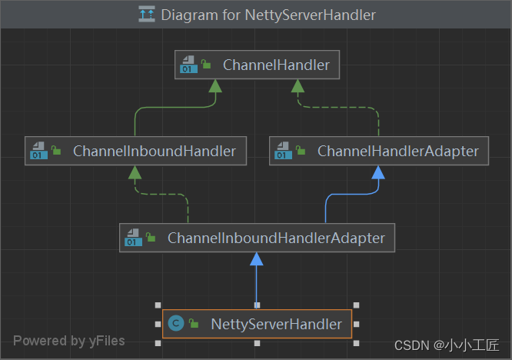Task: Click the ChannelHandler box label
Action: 275,65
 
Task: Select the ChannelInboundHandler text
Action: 154,152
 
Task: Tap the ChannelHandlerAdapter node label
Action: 397,152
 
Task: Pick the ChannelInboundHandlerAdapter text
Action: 276,238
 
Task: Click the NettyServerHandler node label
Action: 276,324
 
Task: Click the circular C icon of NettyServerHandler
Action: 175,324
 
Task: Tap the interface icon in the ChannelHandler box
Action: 188,65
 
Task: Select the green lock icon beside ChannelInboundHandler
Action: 56,152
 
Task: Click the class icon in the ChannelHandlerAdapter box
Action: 283,152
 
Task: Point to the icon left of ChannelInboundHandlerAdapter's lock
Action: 133,238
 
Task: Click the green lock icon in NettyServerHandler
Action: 194,324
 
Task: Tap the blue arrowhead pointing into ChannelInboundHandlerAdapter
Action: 257,259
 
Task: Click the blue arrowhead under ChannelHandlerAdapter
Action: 378,172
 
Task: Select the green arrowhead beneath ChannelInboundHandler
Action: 135,172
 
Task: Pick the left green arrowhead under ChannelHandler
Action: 215,86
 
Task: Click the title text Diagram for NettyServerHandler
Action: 268,15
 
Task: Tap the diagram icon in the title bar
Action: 146,15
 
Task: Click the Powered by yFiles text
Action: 68,340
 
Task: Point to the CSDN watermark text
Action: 447,345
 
